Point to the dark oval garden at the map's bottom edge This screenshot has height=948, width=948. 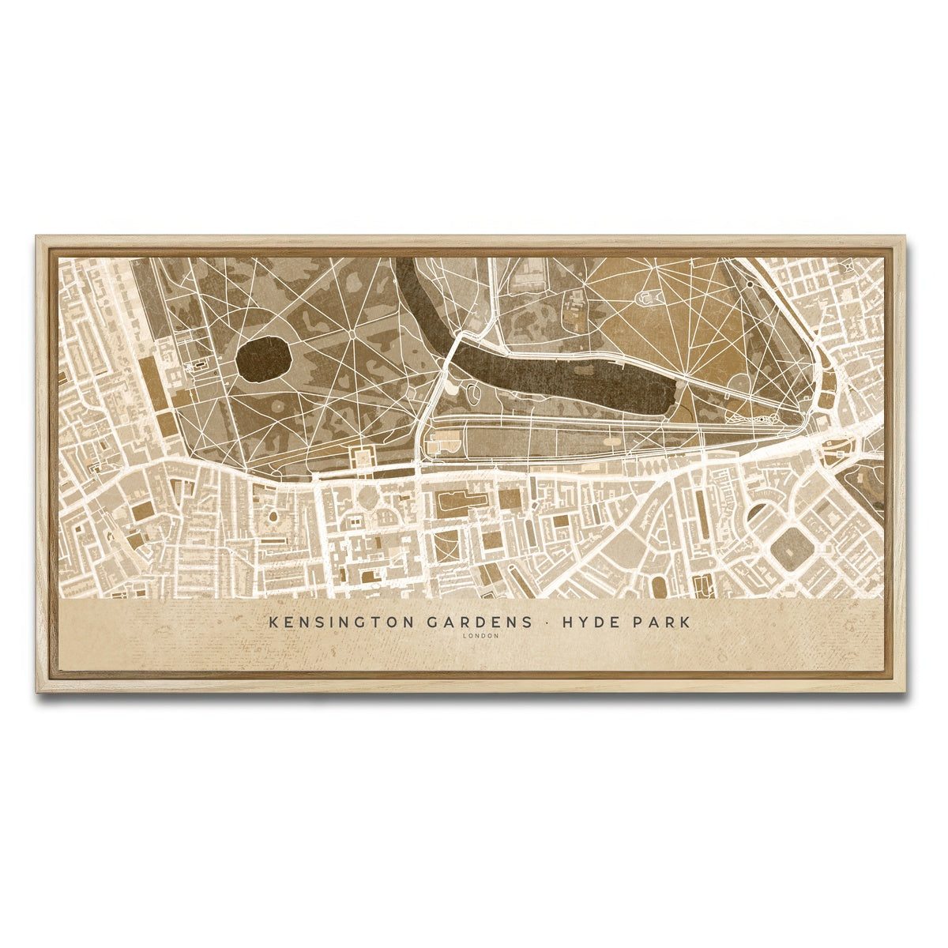(x=658, y=586)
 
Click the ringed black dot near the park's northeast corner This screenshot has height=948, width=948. (x=749, y=284)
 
